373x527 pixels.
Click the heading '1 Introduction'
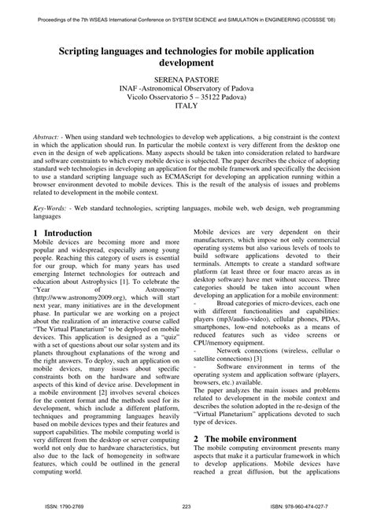[63, 234]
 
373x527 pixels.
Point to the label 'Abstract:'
[52, 136]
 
